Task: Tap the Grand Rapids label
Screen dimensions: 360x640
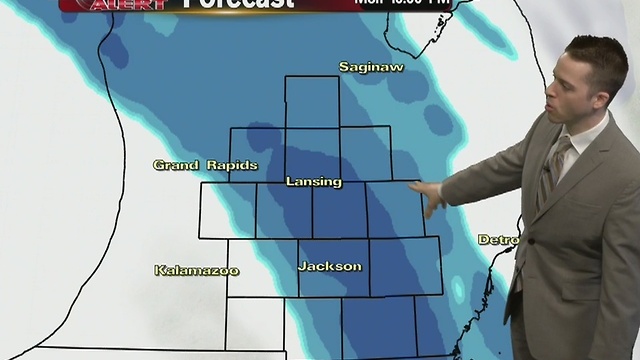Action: point(205,165)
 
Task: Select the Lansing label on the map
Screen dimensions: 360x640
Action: point(313,182)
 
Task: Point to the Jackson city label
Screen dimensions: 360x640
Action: point(329,266)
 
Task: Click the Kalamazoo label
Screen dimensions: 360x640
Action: point(196,270)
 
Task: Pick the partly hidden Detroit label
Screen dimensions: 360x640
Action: point(498,240)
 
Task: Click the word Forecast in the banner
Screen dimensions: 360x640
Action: point(240,4)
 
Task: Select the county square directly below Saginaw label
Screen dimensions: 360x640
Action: point(312,102)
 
